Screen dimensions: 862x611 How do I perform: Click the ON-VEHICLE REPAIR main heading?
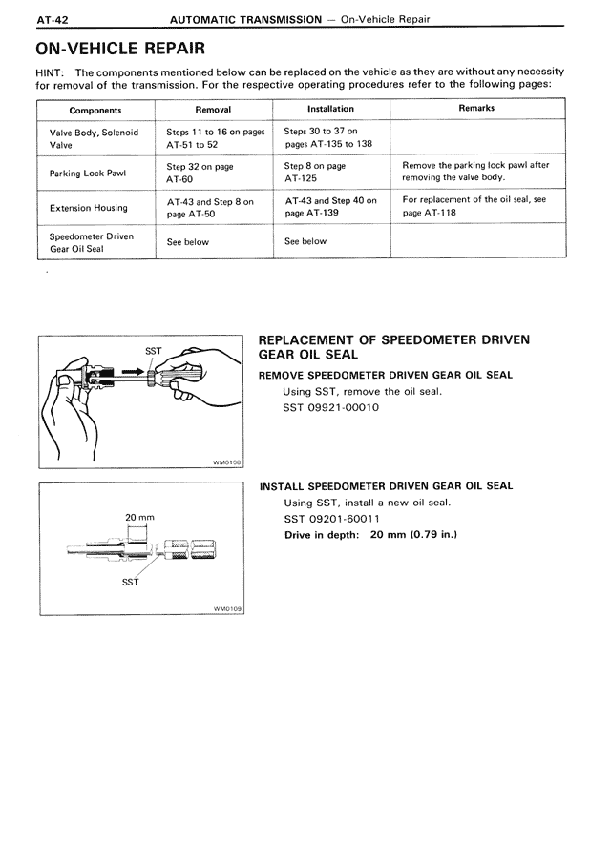[x=117, y=48]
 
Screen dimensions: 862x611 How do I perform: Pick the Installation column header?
[x=330, y=109]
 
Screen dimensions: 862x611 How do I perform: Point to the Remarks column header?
[x=476, y=108]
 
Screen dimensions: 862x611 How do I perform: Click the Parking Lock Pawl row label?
[x=88, y=173]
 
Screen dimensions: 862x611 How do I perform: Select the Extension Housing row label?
[x=88, y=208]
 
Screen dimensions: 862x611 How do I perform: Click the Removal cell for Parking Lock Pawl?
[x=200, y=172]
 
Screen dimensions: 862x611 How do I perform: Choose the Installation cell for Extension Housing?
[x=330, y=207]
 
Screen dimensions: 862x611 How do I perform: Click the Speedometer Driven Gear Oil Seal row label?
[x=91, y=242]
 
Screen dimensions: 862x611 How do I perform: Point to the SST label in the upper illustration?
[x=153, y=350]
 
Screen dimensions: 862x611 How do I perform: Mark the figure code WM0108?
[x=226, y=462]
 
